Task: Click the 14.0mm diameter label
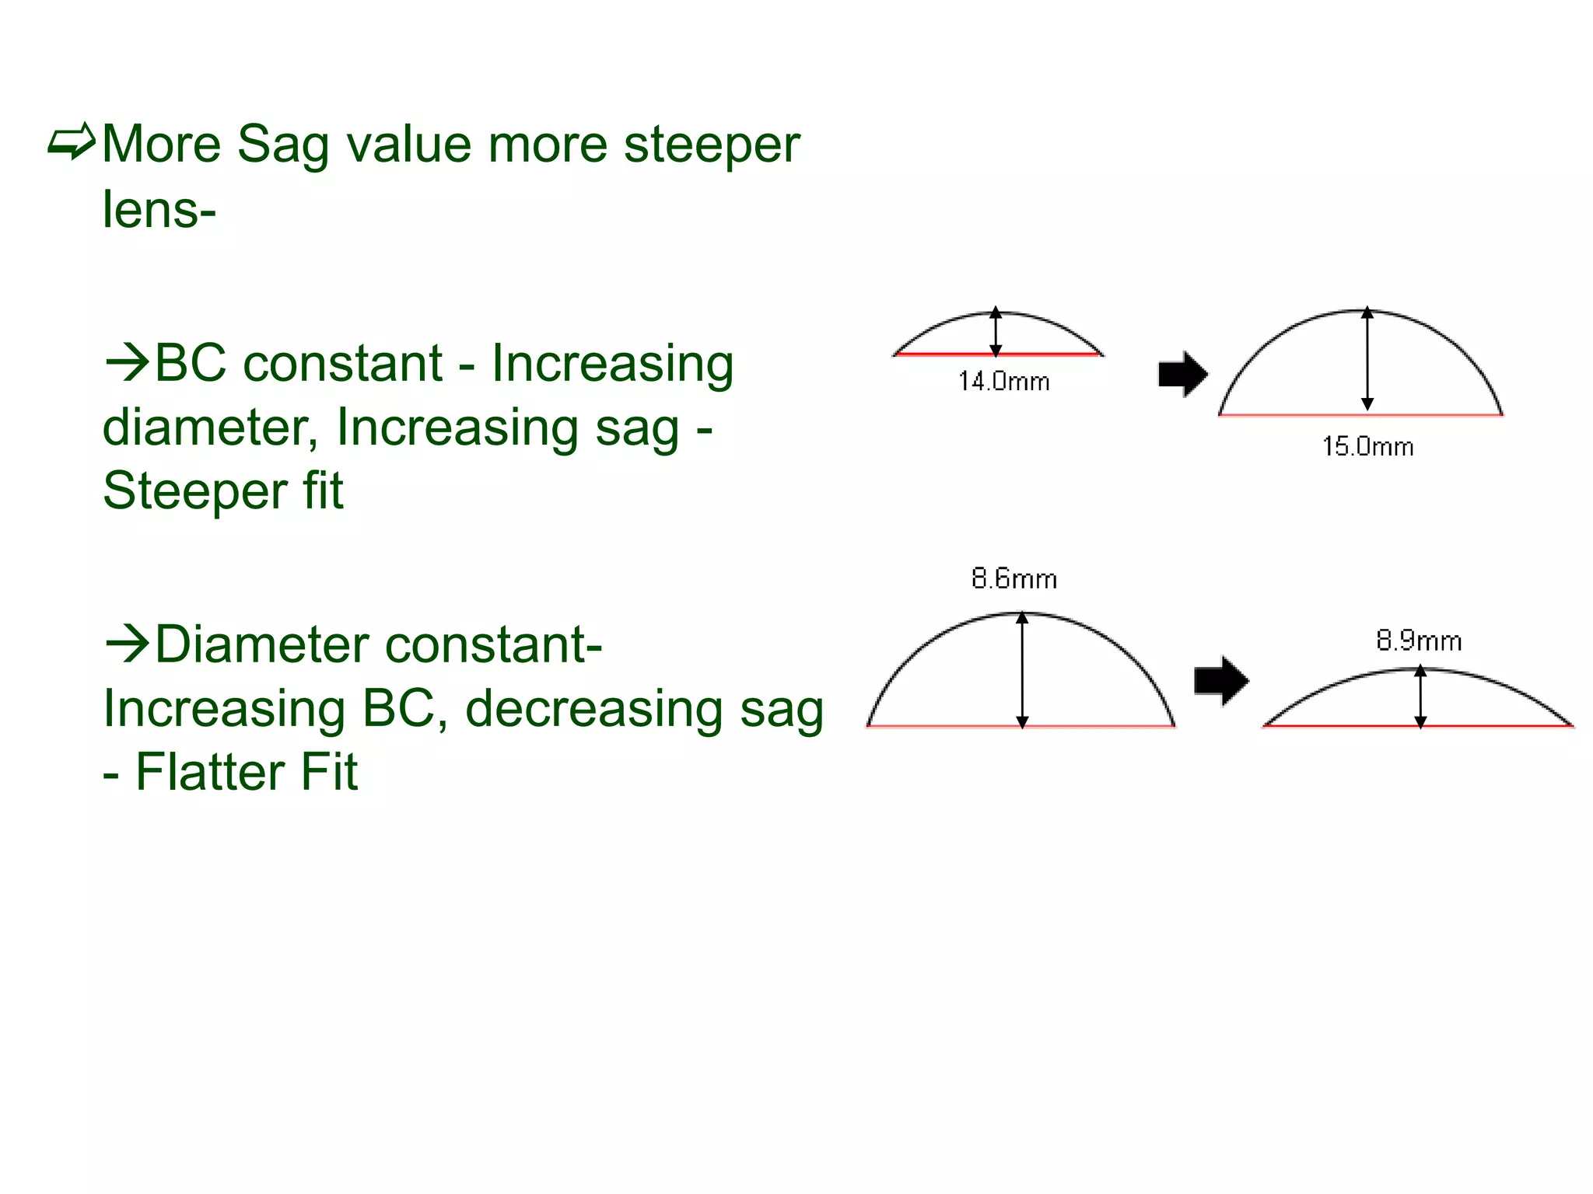(1003, 382)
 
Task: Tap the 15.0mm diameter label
(1367, 446)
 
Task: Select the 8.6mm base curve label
(1014, 579)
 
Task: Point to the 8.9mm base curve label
(1419, 641)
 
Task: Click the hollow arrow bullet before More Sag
(72, 142)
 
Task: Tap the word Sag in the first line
(283, 145)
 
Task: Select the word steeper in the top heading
(711, 145)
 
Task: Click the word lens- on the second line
(159, 210)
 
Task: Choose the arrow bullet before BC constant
(126, 362)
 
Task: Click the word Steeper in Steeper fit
(194, 492)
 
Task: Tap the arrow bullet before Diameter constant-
(126, 644)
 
